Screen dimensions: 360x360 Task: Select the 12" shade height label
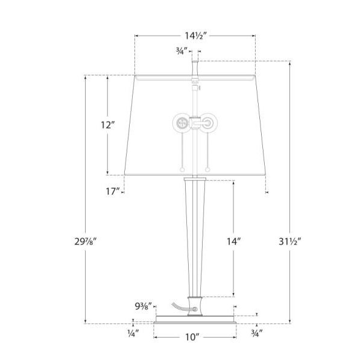[x=107, y=126]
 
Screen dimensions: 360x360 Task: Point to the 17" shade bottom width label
[x=112, y=192]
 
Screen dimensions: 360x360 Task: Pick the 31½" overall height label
[x=291, y=241]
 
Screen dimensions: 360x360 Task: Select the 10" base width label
[x=193, y=338]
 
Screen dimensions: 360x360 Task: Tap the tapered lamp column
[x=195, y=235]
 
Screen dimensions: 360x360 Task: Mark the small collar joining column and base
[x=195, y=305]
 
